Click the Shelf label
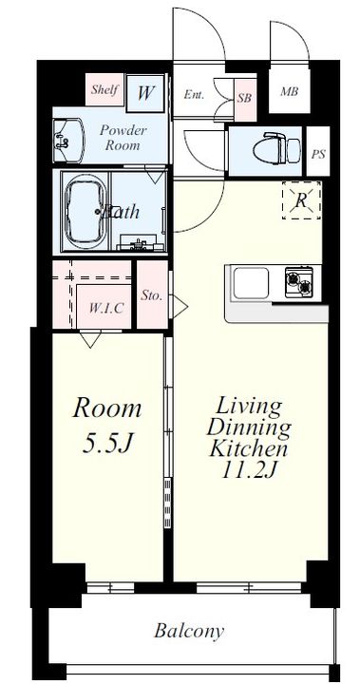(104, 90)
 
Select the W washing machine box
(145, 93)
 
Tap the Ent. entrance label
(194, 95)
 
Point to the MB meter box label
(290, 91)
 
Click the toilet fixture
(276, 148)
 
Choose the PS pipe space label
(318, 154)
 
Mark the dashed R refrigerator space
(301, 200)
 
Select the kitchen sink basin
(251, 283)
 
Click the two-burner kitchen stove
(299, 282)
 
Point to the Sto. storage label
(151, 296)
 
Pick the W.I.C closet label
(104, 309)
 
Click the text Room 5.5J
(107, 426)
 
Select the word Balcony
(189, 631)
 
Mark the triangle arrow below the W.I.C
(90, 338)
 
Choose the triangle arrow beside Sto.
(180, 307)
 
